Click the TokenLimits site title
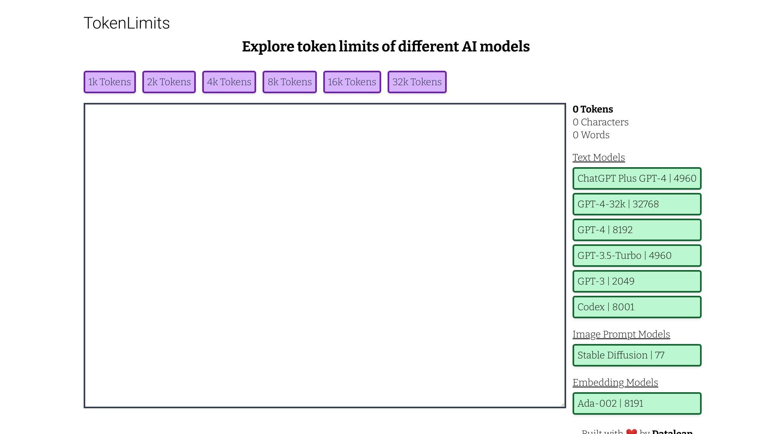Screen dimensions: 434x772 (127, 23)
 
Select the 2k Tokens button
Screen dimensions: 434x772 (169, 82)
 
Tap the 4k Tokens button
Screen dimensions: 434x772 (229, 82)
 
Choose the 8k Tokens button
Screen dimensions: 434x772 (289, 82)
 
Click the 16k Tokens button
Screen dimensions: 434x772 (352, 82)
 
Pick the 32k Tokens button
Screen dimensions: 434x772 (417, 82)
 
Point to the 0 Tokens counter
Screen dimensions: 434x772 (593, 109)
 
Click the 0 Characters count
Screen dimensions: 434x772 (600, 122)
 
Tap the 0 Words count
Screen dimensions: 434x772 (591, 135)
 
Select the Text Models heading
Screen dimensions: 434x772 (599, 158)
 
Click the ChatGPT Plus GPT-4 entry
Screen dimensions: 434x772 (637, 178)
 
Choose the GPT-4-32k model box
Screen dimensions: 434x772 (637, 204)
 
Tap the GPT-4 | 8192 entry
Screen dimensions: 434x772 (637, 230)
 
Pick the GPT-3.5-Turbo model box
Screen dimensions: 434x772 (637, 256)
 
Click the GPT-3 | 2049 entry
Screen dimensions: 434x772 (637, 281)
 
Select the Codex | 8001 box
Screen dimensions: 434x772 (637, 307)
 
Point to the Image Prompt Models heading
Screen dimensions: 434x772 (621, 334)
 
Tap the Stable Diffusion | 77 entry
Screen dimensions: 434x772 (637, 355)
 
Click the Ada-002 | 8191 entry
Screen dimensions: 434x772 (637, 403)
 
